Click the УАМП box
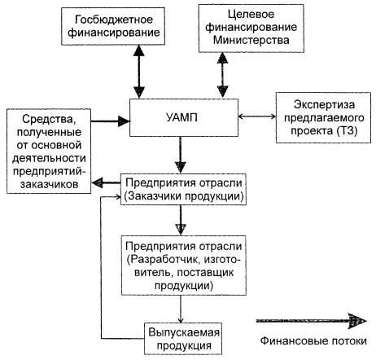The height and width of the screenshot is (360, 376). (x=184, y=117)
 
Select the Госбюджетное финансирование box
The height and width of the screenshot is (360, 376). (x=113, y=26)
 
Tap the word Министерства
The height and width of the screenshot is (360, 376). (x=251, y=40)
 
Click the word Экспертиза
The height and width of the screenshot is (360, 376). (x=324, y=105)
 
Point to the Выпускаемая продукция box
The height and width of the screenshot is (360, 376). (x=183, y=338)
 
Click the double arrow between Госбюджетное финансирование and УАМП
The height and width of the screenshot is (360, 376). (x=139, y=72)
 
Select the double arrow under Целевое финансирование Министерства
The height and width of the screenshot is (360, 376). (x=222, y=75)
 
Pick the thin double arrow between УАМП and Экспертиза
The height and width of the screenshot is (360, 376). (x=257, y=116)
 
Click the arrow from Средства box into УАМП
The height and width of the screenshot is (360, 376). (x=110, y=121)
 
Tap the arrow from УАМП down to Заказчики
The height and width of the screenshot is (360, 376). (x=181, y=155)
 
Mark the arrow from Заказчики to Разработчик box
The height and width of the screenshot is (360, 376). (x=181, y=220)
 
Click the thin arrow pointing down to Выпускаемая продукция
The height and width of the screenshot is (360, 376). (x=181, y=309)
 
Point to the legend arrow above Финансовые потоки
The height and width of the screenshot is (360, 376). (x=312, y=321)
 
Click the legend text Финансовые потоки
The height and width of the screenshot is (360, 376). (x=313, y=340)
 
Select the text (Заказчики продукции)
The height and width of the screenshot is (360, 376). (x=184, y=196)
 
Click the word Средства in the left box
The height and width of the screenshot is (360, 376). (x=48, y=119)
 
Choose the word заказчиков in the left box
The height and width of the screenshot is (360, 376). (x=50, y=184)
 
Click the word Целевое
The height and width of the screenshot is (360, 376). (x=251, y=15)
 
